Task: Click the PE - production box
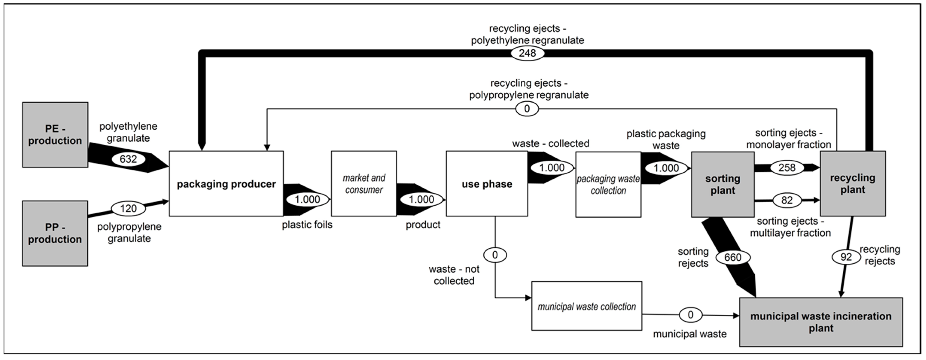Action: (x=55, y=135)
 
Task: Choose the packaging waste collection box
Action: (x=608, y=184)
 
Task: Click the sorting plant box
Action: (x=722, y=184)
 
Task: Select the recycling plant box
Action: (x=853, y=184)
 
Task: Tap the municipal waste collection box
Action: (x=587, y=306)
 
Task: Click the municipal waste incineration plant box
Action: (x=821, y=322)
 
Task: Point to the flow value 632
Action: (x=128, y=159)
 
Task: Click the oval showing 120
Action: (x=128, y=208)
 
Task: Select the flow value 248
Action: (x=527, y=53)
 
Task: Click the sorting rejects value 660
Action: (x=733, y=257)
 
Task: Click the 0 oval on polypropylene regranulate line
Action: (x=527, y=108)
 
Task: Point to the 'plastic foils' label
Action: (x=307, y=225)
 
